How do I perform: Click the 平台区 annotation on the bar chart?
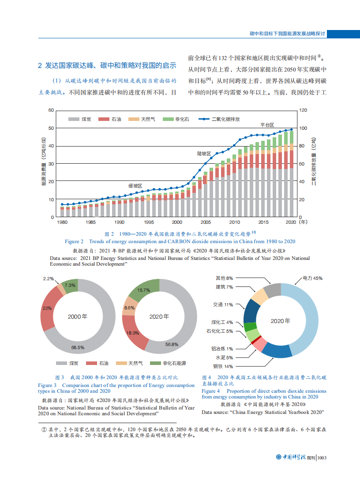(267, 125)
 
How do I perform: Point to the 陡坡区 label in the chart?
(204, 154)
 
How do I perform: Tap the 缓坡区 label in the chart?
(135, 186)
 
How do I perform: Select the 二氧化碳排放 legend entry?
(225, 119)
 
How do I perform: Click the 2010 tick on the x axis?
(235, 222)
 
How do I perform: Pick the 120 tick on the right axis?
(303, 110)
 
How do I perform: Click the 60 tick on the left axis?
(51, 110)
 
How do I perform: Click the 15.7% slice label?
(144, 290)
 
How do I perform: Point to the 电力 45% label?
(312, 278)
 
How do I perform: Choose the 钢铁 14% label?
(223, 366)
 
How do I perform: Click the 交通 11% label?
(223, 305)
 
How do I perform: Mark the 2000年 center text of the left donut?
(77, 316)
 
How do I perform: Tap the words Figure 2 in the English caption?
(74, 241)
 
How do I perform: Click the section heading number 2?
(40, 66)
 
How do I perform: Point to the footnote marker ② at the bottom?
(44, 429)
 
